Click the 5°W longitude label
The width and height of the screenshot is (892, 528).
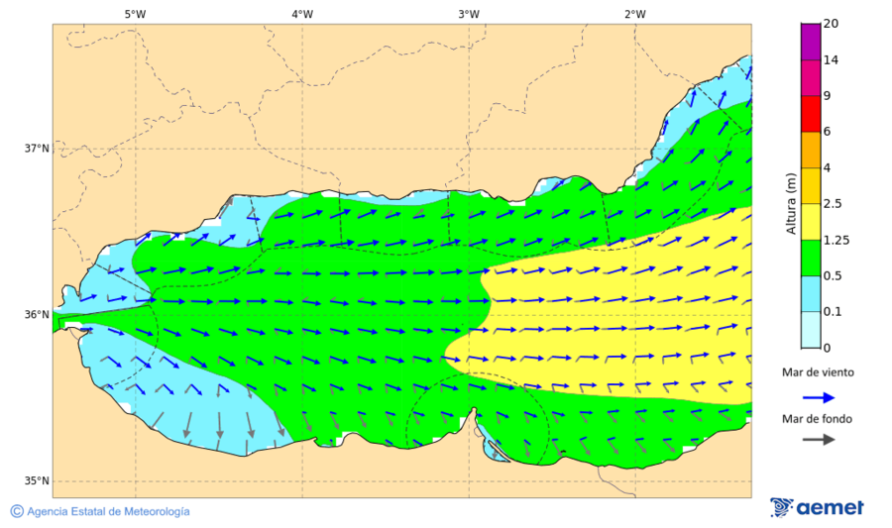(x=136, y=14)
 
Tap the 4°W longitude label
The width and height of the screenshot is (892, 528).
(x=302, y=14)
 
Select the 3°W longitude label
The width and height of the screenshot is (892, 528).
(x=469, y=14)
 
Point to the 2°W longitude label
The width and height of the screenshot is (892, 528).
(x=635, y=14)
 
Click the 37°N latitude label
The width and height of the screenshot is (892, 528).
(x=37, y=149)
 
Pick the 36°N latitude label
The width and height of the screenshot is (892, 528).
(x=37, y=315)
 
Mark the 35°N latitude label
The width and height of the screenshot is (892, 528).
(x=37, y=481)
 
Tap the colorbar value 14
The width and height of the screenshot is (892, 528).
(x=831, y=60)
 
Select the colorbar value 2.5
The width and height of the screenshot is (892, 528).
(x=834, y=204)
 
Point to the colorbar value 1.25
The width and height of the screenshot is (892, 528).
(x=836, y=240)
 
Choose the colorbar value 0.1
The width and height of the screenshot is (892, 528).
(x=834, y=312)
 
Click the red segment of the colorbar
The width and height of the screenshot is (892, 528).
(x=811, y=114)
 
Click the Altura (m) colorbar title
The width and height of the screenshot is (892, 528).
(x=791, y=203)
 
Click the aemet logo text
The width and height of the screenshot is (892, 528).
(x=831, y=507)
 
